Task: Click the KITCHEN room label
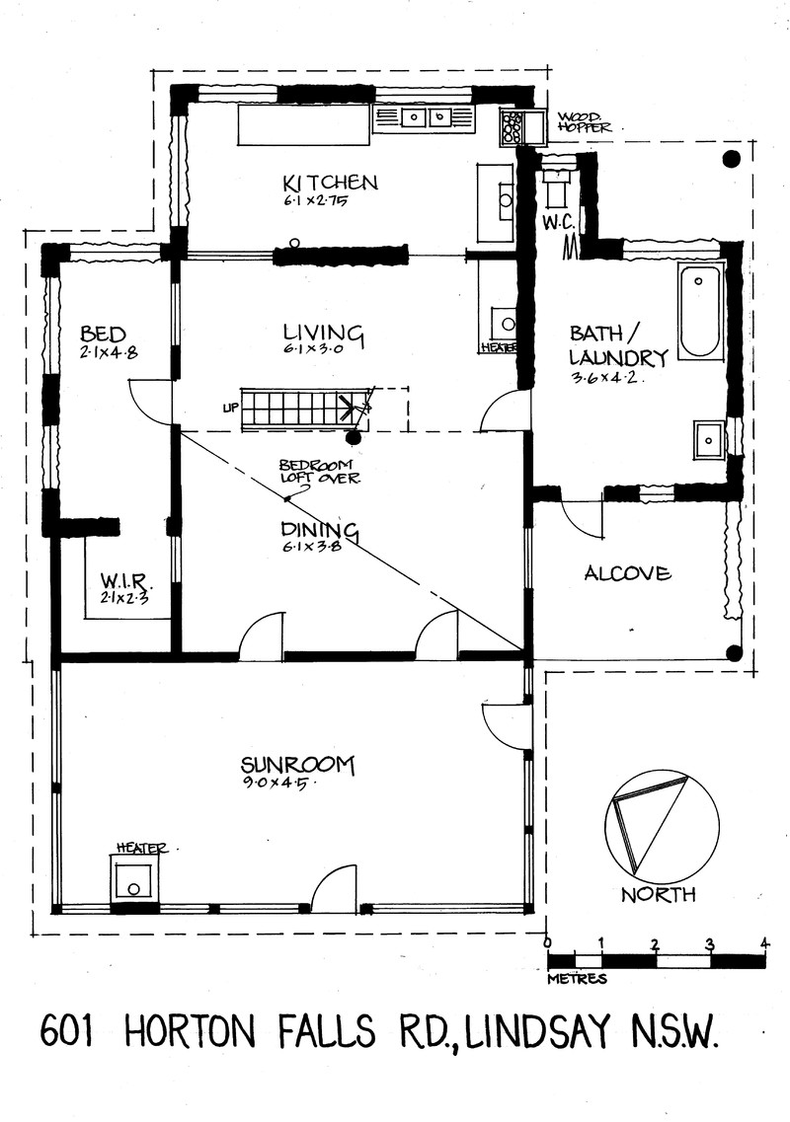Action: pos(330,183)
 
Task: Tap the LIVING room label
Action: pos(324,333)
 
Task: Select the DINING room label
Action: pos(319,530)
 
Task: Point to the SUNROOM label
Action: pos(298,765)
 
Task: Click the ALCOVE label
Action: pos(627,573)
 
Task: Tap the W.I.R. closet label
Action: pos(126,579)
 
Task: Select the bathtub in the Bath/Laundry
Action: pos(700,310)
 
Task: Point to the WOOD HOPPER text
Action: pos(585,122)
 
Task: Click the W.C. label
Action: pos(555,223)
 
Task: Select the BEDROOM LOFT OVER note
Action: pos(318,472)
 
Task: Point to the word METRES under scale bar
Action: pos(577,978)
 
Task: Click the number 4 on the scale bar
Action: pos(765,943)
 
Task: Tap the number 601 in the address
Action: pos(66,1031)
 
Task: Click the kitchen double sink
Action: pos(426,116)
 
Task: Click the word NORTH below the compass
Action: pos(659,894)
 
